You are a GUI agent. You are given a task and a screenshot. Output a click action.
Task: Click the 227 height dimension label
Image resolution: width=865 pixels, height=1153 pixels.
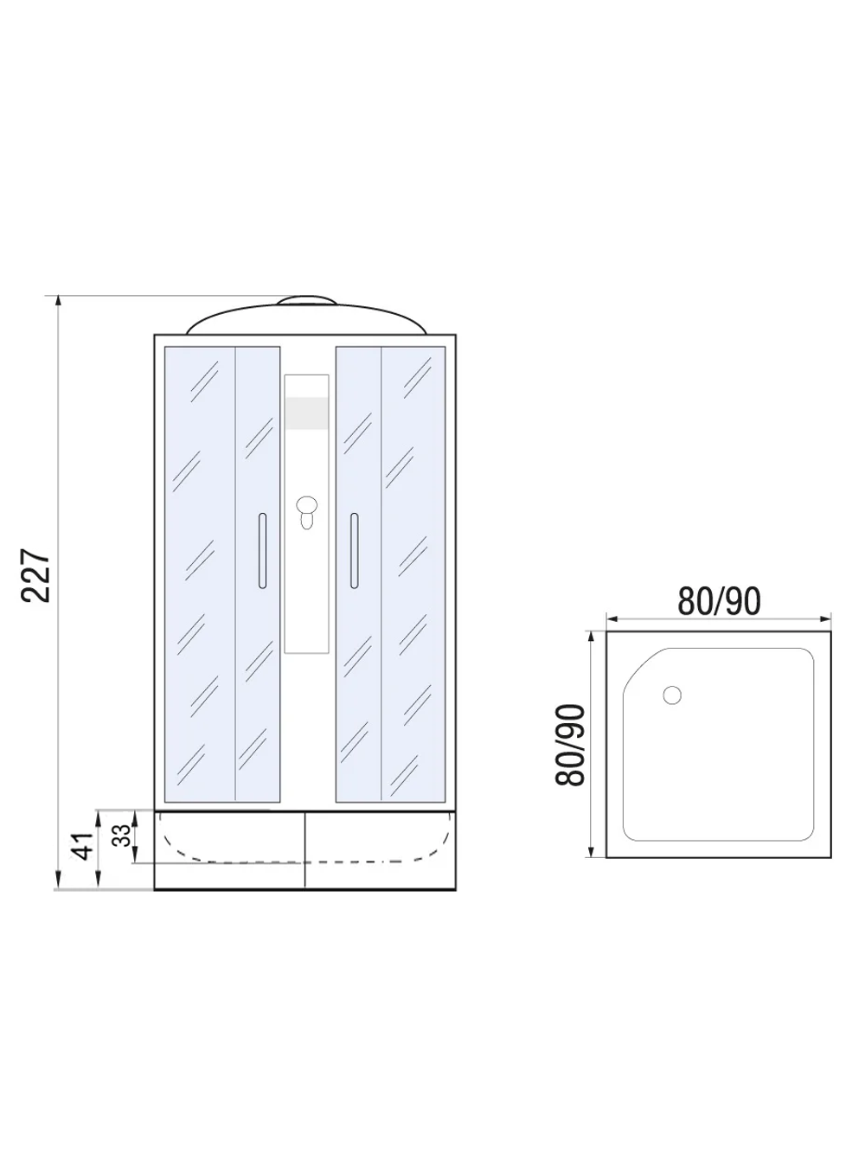tap(38, 574)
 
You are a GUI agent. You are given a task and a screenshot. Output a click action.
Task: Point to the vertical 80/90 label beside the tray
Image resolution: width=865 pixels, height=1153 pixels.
tap(572, 745)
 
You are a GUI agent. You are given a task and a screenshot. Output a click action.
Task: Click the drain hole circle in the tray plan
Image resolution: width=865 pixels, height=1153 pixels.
tap(672, 695)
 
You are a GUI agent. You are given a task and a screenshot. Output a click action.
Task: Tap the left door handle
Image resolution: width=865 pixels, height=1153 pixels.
tap(262, 551)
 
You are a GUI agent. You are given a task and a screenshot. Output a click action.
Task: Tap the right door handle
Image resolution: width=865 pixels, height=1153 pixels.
tap(353, 551)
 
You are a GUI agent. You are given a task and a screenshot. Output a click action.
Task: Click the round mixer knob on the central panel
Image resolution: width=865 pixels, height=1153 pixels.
tap(306, 505)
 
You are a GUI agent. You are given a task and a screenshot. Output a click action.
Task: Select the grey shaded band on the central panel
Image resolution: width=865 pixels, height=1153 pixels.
tap(306, 413)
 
